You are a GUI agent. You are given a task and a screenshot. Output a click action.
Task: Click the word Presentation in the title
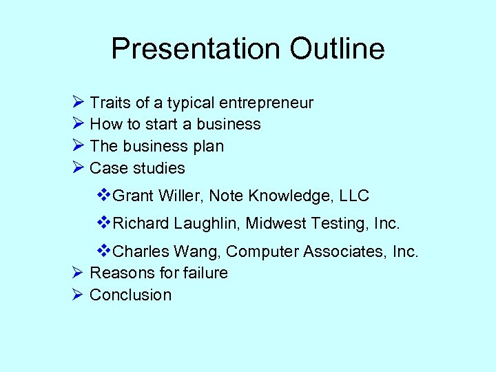tap(195, 50)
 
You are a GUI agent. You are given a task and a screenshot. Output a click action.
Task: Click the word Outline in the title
tap(337, 50)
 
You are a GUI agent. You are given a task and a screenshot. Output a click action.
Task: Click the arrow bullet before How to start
tap(78, 124)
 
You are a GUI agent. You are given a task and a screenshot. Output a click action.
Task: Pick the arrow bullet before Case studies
tap(78, 167)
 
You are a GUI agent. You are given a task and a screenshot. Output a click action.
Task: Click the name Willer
tap(180, 196)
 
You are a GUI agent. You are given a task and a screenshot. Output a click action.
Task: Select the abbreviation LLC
tap(353, 196)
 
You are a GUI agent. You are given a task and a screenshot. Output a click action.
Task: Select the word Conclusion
tap(131, 295)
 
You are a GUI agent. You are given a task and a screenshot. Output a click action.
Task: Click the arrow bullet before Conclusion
tap(78, 294)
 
